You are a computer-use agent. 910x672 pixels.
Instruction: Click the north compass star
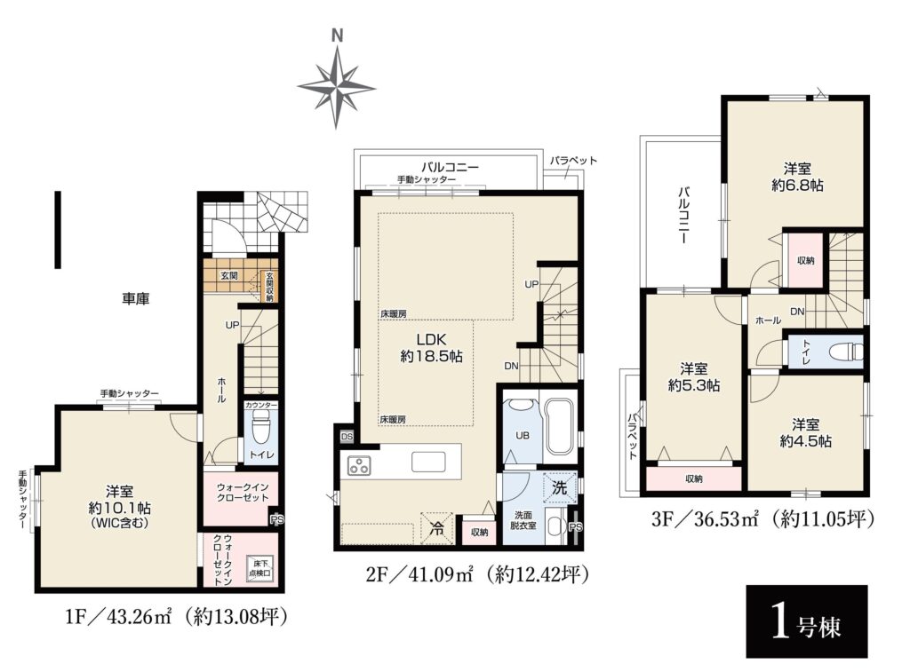click(x=336, y=87)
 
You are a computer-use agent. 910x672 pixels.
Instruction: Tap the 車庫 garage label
click(x=136, y=299)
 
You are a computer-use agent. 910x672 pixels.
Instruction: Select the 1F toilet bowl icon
click(x=260, y=430)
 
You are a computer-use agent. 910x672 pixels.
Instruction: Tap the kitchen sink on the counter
click(x=429, y=462)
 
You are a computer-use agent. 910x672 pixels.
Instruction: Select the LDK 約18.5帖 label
click(x=431, y=347)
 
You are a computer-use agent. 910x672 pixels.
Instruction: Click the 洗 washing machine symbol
click(x=560, y=487)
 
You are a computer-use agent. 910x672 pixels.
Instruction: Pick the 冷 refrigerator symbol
click(x=435, y=527)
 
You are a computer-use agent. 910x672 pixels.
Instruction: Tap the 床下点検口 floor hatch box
click(x=259, y=568)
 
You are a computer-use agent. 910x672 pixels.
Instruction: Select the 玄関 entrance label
click(x=228, y=276)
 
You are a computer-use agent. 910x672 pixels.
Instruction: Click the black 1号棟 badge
click(x=806, y=621)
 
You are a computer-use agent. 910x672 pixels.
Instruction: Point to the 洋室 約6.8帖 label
click(x=797, y=177)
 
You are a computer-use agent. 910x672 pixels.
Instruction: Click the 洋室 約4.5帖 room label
click(x=805, y=432)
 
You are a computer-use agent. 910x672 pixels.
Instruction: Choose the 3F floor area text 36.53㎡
click(x=727, y=519)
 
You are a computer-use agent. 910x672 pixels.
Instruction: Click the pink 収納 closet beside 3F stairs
click(x=805, y=260)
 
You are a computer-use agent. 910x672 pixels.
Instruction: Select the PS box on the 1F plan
click(x=277, y=520)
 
